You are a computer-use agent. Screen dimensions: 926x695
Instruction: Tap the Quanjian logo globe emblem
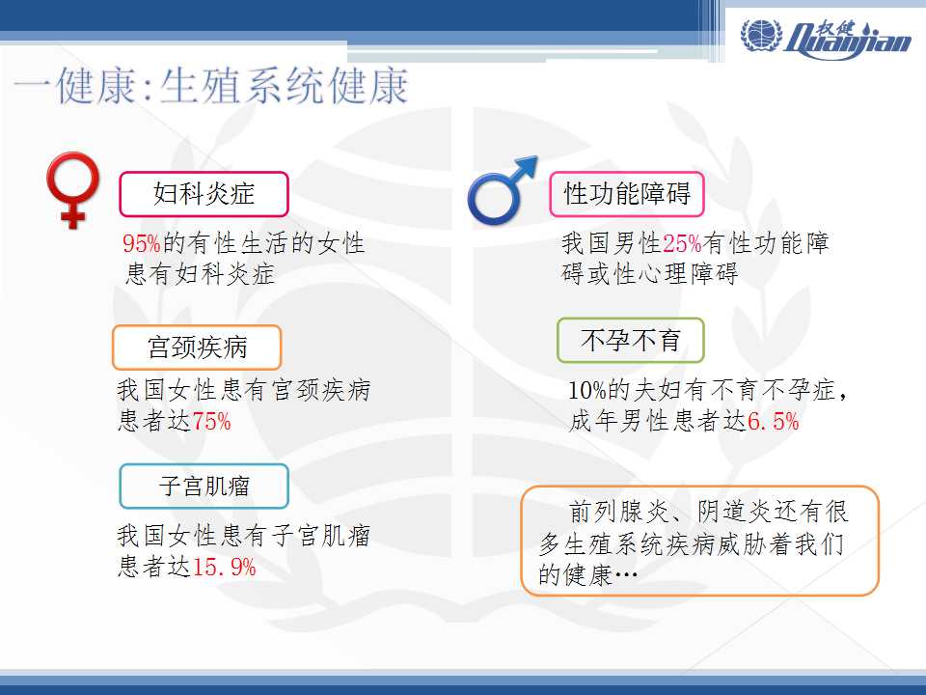[x=761, y=35]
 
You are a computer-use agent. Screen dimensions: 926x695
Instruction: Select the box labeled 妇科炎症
[x=204, y=194]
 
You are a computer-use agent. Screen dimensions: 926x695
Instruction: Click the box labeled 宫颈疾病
[x=197, y=347]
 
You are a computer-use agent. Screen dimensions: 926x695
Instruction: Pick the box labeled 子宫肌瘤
[x=204, y=486]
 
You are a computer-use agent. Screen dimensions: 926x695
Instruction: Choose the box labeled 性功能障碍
[x=627, y=194]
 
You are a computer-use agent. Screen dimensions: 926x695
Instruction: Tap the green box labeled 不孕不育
[x=631, y=341]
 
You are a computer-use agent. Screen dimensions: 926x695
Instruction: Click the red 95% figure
[x=142, y=243]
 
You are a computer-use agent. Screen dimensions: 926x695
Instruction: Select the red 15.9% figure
[x=224, y=568]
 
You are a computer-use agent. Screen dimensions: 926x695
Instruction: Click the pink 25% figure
[x=682, y=243]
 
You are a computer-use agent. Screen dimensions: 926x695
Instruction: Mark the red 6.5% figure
[x=773, y=422]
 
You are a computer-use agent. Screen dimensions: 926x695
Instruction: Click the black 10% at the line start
[x=587, y=390]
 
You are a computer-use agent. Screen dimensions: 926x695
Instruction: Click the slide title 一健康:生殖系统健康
[x=211, y=87]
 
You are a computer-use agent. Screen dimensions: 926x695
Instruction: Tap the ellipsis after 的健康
[x=626, y=574]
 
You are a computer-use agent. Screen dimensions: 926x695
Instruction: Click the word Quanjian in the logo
[x=849, y=41]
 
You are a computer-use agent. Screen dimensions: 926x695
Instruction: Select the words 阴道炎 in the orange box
[x=735, y=512]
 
